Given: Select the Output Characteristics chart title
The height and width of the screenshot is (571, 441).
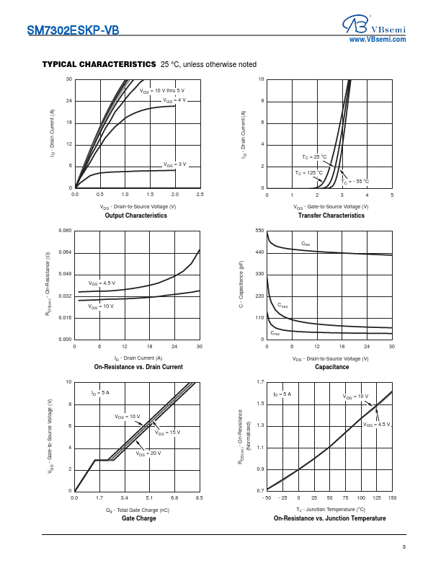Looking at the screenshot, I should [136, 216].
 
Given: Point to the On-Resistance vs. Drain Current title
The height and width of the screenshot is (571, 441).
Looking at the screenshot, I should [138, 367].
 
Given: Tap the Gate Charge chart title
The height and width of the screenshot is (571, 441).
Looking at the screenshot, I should [138, 518].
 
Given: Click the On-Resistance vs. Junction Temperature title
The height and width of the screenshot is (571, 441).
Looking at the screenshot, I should [329, 518].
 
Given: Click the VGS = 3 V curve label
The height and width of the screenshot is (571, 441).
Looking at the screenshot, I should [174, 164].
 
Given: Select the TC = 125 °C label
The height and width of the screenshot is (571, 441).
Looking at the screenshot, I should [308, 173].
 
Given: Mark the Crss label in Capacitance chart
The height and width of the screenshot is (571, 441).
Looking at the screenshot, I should [275, 333].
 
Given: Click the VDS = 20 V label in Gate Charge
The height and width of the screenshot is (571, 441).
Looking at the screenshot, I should [148, 453].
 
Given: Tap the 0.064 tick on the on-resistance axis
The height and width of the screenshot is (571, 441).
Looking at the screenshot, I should [65, 252].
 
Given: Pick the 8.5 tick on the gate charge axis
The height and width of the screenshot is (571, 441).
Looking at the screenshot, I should [200, 497].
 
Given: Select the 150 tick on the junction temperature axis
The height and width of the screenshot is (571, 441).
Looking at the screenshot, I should [392, 497].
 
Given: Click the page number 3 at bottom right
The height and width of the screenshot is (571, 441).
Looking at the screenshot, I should [404, 547].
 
